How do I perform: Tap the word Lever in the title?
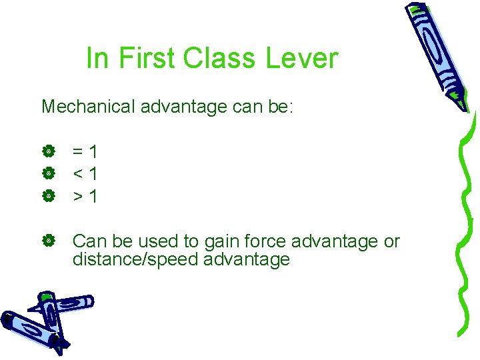[x=302, y=59]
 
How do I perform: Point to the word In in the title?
[x=97, y=59]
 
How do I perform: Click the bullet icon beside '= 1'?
[x=47, y=153]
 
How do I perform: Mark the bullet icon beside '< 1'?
[x=47, y=175]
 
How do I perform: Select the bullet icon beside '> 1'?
[x=47, y=197]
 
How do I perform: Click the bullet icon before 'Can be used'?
[x=47, y=241]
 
